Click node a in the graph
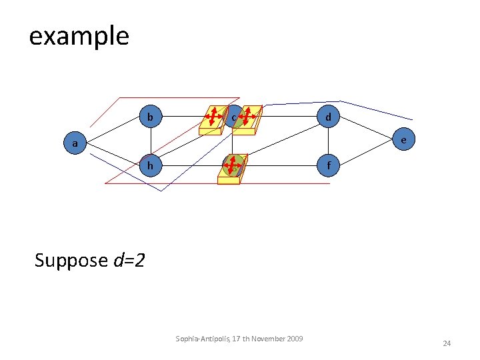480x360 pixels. [x=75, y=142]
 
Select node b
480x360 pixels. [x=151, y=117]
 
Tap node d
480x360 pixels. [x=327, y=117]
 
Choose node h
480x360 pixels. [x=151, y=165]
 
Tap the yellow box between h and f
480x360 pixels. [x=233, y=167]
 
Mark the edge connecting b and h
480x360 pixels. [x=151, y=141]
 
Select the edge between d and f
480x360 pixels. [x=327, y=141]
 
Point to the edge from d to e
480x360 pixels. [x=366, y=129]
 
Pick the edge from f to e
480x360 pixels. [x=366, y=153]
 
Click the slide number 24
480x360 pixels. [x=447, y=343]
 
